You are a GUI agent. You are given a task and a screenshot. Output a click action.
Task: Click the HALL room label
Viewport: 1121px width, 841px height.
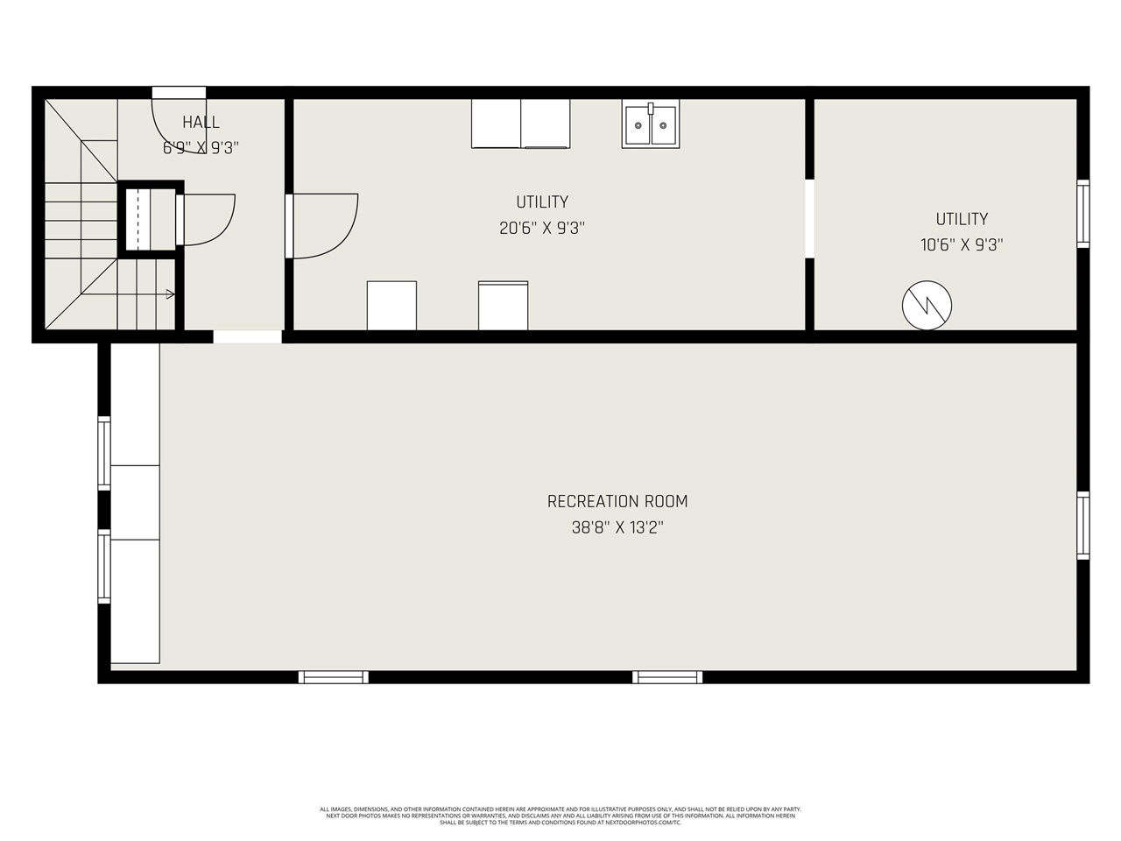pyautogui.click(x=201, y=123)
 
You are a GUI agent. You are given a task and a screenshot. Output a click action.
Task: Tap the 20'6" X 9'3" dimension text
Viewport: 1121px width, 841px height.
pyautogui.click(x=542, y=229)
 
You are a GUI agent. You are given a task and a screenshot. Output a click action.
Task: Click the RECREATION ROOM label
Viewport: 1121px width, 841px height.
pyautogui.click(x=617, y=502)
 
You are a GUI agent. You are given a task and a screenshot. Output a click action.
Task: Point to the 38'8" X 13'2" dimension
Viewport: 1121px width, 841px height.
pyautogui.click(x=617, y=528)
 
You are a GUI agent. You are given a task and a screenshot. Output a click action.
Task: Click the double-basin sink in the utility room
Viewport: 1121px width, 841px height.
pyautogui.click(x=651, y=124)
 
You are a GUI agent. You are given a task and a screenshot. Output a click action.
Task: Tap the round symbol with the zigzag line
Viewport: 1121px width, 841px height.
pyautogui.click(x=927, y=305)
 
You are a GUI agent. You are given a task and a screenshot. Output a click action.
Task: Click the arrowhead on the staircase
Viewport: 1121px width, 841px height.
pyautogui.click(x=170, y=294)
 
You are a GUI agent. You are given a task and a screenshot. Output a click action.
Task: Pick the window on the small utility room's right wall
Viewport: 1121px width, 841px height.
pyautogui.click(x=1083, y=213)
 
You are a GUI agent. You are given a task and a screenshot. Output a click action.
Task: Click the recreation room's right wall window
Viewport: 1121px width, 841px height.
pyautogui.click(x=1083, y=526)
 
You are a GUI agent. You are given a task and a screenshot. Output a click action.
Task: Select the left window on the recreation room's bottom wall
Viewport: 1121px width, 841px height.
pyautogui.click(x=333, y=676)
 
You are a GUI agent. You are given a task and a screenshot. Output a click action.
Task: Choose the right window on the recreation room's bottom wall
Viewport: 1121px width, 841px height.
pyautogui.click(x=667, y=676)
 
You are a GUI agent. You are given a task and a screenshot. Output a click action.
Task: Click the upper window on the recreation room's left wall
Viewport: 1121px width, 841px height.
pyautogui.click(x=104, y=453)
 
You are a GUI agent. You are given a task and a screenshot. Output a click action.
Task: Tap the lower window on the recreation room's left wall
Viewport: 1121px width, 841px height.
pyautogui.click(x=104, y=567)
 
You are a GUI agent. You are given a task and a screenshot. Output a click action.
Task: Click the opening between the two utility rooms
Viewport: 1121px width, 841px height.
pyautogui.click(x=809, y=219)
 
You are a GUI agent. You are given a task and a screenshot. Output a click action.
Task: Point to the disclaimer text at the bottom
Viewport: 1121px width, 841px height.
pyautogui.click(x=560, y=816)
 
